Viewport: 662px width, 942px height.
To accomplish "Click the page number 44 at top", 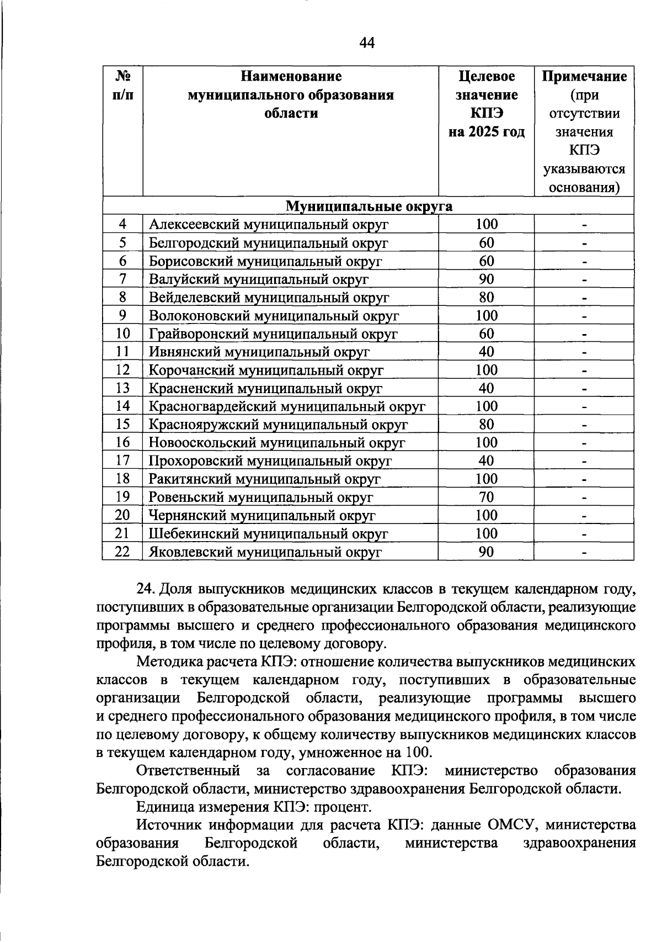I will pos(367,43).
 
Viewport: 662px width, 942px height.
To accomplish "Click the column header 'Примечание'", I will pos(584,76).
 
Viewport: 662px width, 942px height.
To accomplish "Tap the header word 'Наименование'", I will pos(291,76).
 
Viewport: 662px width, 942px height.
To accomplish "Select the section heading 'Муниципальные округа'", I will pos(369,207).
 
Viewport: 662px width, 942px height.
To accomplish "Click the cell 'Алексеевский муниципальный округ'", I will pos(269,225).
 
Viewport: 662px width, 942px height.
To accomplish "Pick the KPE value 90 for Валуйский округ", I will pos(486,279).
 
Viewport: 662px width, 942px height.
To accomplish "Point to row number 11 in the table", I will pos(122,352).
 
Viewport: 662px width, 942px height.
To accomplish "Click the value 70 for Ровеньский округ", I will pos(486,498).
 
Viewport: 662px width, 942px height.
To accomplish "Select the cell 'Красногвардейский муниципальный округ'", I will pos(287,407).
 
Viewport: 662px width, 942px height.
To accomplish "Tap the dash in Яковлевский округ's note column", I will pos(584,552).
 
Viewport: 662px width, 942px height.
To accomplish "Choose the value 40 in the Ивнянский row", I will pos(486,352).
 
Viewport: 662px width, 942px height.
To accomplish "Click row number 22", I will pos(122,552).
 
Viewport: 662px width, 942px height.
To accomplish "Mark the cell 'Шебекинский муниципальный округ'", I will pos(268,534).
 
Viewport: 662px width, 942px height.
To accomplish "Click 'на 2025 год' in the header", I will pos(486,133).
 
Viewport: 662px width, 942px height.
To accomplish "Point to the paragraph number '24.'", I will pos(146,590).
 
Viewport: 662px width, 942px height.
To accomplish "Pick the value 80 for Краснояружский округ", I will pos(486,425).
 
